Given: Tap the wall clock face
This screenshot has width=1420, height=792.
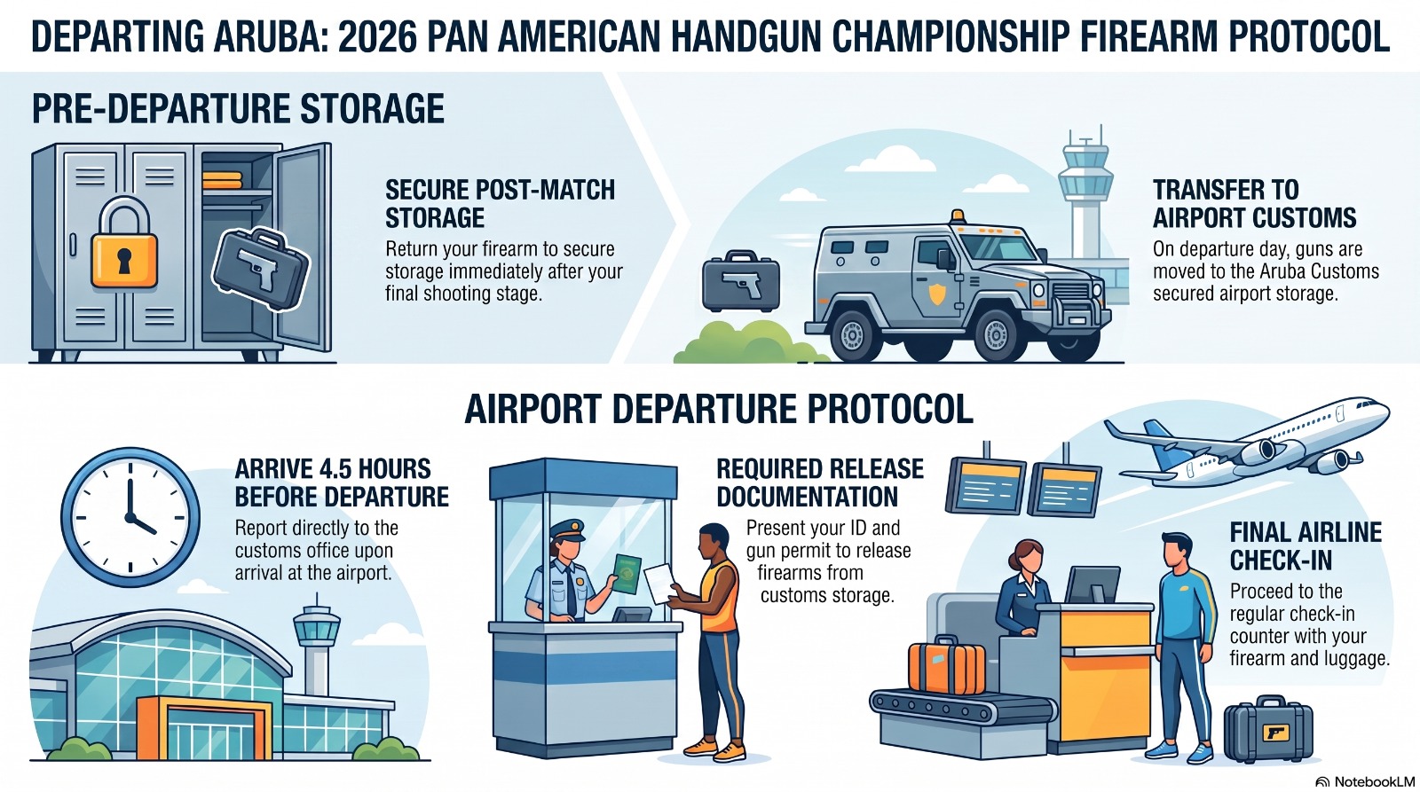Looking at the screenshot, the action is [x=130, y=517].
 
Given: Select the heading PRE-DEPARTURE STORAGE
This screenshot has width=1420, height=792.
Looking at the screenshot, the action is [x=238, y=108].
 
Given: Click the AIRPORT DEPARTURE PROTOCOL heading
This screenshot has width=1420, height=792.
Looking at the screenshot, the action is [x=719, y=409].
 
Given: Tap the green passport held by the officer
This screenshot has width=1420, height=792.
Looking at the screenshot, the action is [x=627, y=575].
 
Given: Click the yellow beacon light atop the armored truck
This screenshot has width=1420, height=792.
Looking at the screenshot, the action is [x=958, y=216].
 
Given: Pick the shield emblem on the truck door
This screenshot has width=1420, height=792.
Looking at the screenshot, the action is [x=936, y=294].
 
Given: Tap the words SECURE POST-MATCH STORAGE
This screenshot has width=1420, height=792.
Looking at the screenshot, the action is [x=501, y=203].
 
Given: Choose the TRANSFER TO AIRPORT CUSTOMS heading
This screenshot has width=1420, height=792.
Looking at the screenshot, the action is [x=1254, y=203].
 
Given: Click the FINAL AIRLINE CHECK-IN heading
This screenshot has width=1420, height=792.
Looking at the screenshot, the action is [x=1306, y=546].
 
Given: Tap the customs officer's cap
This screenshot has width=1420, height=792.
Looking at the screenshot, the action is [x=567, y=529].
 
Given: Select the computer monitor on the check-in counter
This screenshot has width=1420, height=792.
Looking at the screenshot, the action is [x=1092, y=584].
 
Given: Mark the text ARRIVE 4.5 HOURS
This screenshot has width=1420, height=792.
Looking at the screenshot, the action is [x=333, y=469].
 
